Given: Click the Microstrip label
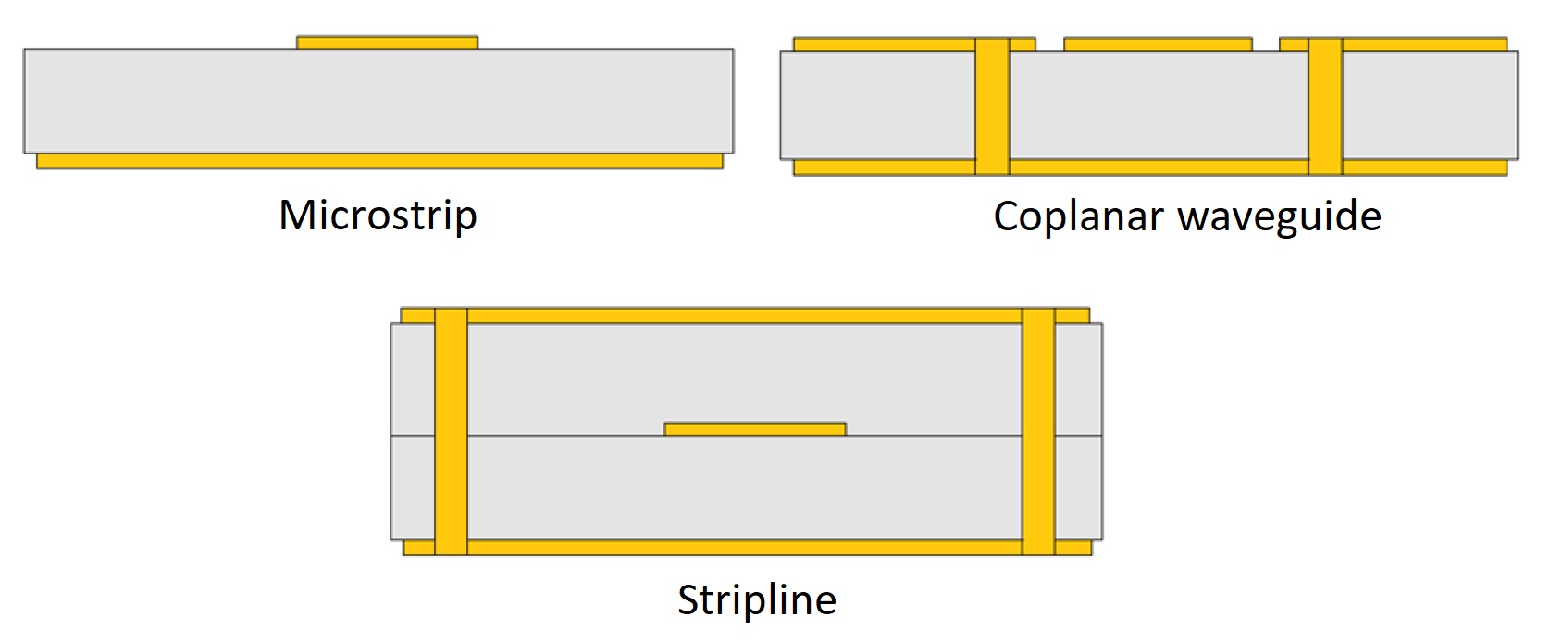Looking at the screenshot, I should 378,216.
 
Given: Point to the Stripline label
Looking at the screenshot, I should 757,599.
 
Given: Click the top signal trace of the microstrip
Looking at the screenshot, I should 387,43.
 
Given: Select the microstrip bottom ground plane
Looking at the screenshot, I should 379,162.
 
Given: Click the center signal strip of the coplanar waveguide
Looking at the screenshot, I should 1158,44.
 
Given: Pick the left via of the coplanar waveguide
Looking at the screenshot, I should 992,106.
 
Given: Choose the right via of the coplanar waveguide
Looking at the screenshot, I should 1325,106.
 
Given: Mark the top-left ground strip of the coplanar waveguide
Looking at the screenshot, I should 884,44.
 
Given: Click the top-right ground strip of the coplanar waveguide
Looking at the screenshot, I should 1425,44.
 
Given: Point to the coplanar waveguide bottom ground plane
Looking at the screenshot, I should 1157,167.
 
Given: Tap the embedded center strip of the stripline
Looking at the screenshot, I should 755,429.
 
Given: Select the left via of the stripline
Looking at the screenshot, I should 451,431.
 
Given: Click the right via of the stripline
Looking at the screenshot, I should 1038,431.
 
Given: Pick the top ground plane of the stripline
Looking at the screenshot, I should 745,316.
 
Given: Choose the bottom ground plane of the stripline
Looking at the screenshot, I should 745,548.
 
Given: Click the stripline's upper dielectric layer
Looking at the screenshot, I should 745,375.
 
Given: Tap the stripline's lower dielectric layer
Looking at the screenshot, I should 745,488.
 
